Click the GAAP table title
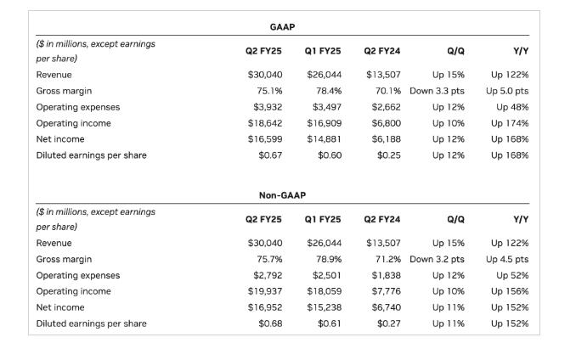pyautogui.click(x=282, y=27)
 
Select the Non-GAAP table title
pyautogui.click(x=282, y=195)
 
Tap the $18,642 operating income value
pyautogui.click(x=265, y=123)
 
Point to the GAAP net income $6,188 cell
pyautogui.click(x=386, y=139)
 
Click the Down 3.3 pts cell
pyautogui.click(x=437, y=91)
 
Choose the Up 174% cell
pyautogui.click(x=510, y=123)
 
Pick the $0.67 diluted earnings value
pyautogui.click(x=270, y=155)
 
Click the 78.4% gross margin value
pyautogui.click(x=329, y=91)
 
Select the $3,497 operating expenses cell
pyautogui.click(x=327, y=107)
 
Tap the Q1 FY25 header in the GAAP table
pyautogui.click(x=323, y=51)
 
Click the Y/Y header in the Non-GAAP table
pyautogui.click(x=521, y=219)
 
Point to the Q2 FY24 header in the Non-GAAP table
pyautogui.click(x=382, y=219)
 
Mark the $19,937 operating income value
pyautogui.click(x=265, y=291)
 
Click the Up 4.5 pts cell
pyautogui.click(x=507, y=260)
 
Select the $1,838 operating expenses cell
pyautogui.click(x=386, y=276)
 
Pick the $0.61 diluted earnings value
pyautogui.click(x=330, y=323)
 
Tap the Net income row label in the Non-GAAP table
pyautogui.click(x=60, y=307)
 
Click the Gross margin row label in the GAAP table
pyautogui.click(x=64, y=91)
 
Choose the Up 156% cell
pyautogui.click(x=510, y=291)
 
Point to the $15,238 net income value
pyautogui.click(x=325, y=307)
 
